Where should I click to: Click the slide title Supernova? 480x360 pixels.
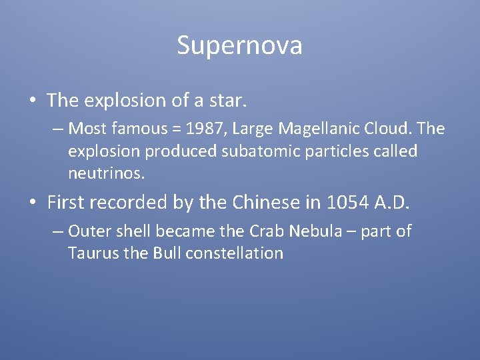[240, 45]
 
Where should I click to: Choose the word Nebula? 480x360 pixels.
[317, 231]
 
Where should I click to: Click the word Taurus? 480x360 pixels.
[90, 253]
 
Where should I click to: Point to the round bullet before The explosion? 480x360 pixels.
[33, 101]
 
